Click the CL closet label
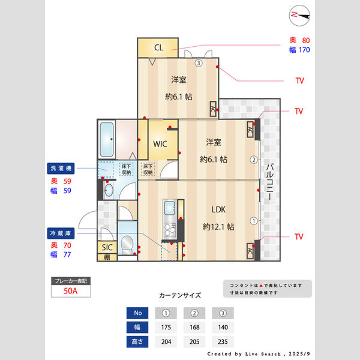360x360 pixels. [158, 47]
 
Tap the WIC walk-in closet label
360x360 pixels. [160, 144]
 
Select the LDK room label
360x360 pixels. [218, 210]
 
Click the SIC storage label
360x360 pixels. [107, 247]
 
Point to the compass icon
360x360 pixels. [298, 15]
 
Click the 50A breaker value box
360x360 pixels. [71, 292]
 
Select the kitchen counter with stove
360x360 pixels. [168, 219]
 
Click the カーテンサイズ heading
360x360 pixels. [180, 296]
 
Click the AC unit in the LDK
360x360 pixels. [250, 252]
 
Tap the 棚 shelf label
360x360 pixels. [107, 257]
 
